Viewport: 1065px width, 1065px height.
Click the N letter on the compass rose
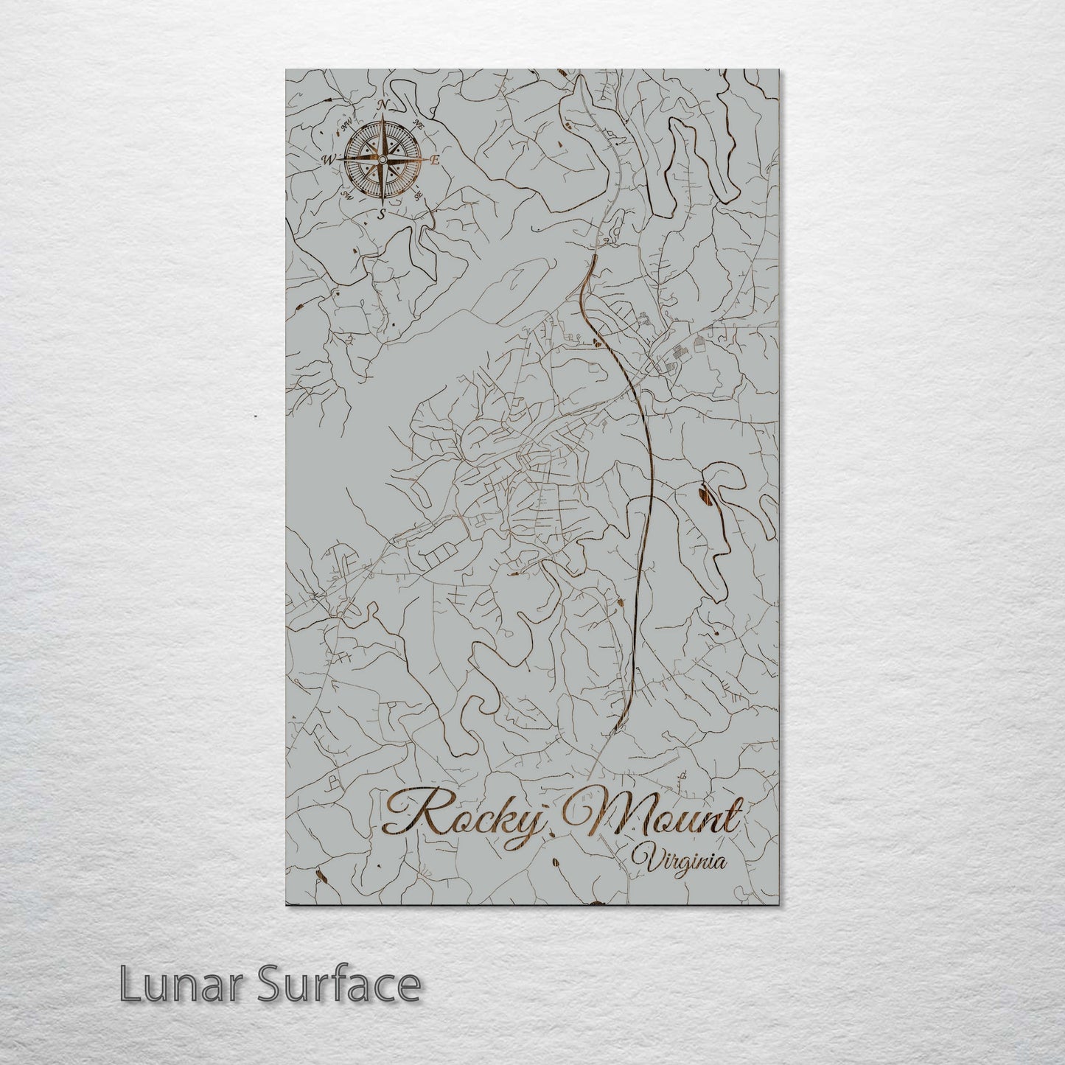[383, 105]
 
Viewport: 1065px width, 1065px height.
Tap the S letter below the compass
[381, 214]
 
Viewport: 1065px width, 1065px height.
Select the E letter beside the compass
[436, 160]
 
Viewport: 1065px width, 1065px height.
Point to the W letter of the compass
[328, 159]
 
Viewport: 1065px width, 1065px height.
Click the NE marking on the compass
[419, 123]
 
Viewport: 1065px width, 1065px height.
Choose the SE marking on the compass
[419, 197]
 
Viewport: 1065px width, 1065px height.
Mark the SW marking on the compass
[346, 196]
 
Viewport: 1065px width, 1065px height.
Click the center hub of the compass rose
[382, 159]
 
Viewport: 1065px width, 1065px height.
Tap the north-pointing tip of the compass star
[382, 118]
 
